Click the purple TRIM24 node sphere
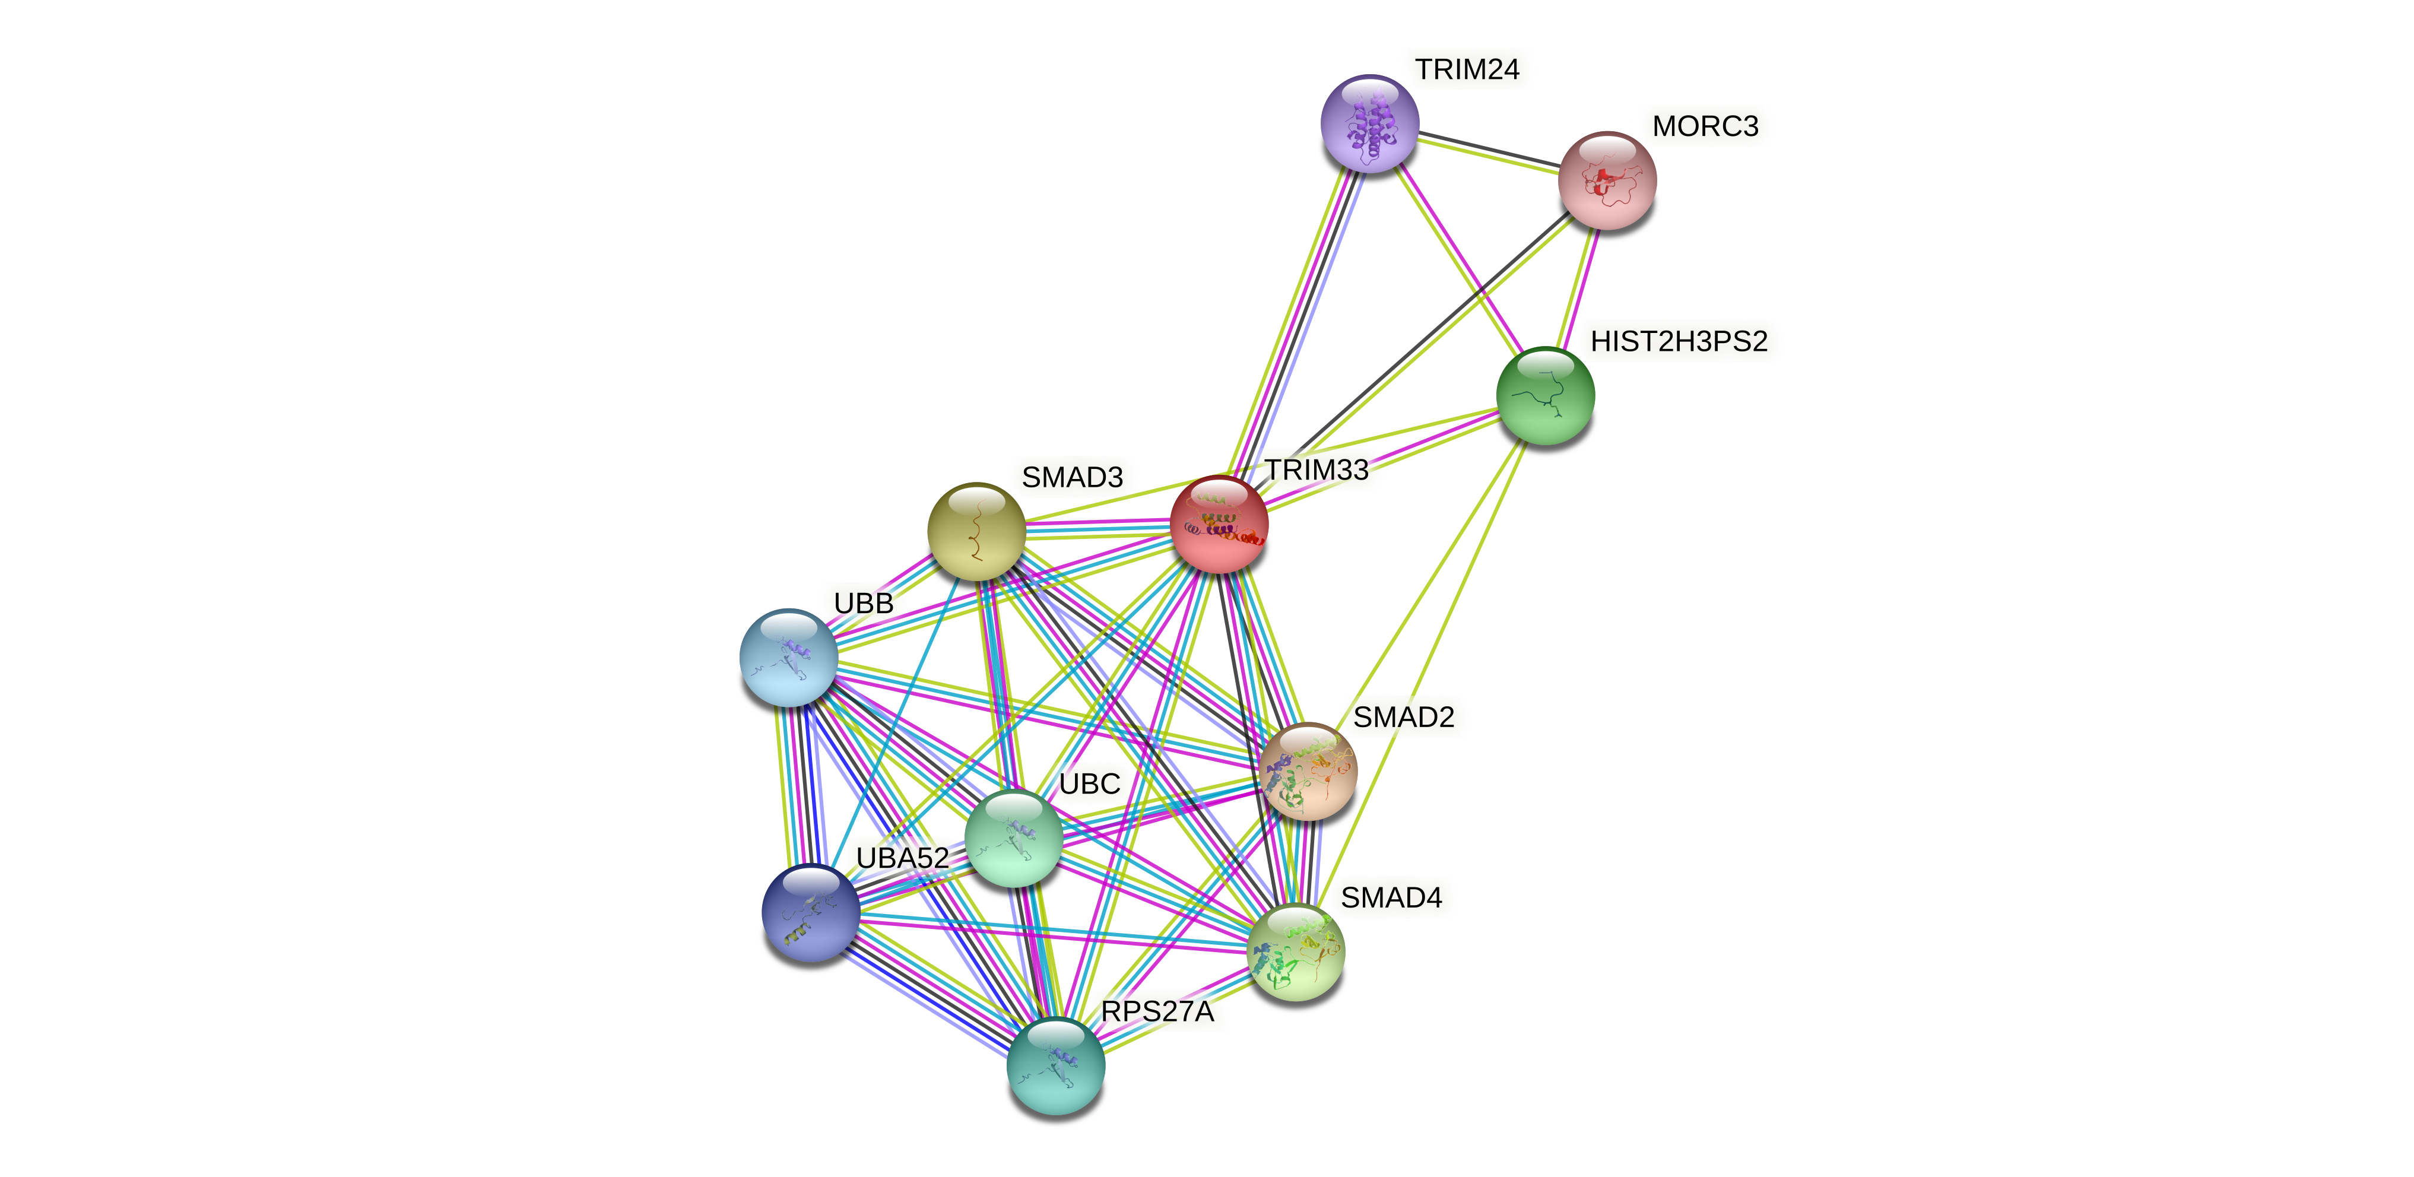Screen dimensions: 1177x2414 (1369, 123)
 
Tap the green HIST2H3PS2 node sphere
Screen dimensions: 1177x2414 (1544, 395)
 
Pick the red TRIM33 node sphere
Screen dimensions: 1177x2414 (1218, 525)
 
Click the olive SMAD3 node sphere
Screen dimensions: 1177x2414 (976, 531)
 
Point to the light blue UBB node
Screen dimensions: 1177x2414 (788, 658)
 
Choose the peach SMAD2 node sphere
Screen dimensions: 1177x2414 (1307, 771)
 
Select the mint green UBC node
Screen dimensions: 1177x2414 (1013, 837)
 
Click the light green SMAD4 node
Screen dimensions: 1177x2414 (1296, 952)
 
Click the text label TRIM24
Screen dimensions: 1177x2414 (1467, 69)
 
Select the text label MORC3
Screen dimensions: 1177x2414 (1705, 126)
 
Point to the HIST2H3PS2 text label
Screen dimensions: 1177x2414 (1679, 342)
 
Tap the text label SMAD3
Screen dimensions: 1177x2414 (1071, 478)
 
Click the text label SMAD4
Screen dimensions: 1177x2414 (1391, 898)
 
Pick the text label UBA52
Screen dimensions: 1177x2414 (902, 858)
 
